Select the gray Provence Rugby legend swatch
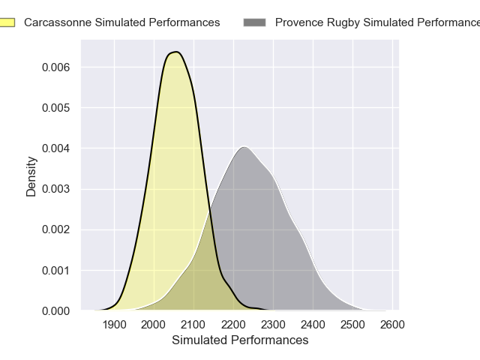(x=255, y=22)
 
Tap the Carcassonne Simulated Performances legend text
(x=122, y=22)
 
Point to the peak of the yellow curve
(x=176, y=52)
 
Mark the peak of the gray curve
(x=244, y=146)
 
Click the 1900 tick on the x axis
(x=114, y=325)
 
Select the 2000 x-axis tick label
(x=154, y=325)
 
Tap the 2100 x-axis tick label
(x=193, y=325)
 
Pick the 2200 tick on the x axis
(x=233, y=325)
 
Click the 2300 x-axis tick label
(x=273, y=325)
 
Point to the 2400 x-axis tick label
(x=313, y=325)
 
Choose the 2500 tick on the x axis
(x=352, y=325)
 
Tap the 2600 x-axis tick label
(x=392, y=325)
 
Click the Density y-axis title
(x=31, y=175)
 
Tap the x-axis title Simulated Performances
(x=240, y=340)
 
